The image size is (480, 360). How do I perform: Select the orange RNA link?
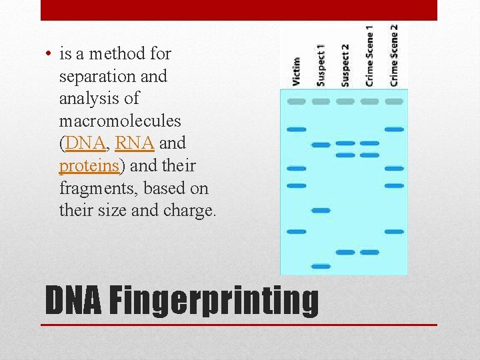(x=135, y=143)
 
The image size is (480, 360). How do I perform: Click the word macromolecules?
(x=119, y=121)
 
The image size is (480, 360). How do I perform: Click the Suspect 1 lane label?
(x=321, y=65)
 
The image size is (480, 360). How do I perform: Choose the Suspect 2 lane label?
(x=345, y=65)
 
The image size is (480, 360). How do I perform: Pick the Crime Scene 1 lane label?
(x=369, y=55)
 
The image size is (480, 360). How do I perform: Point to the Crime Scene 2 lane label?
(x=394, y=55)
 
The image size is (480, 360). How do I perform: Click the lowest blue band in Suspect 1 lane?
(x=321, y=266)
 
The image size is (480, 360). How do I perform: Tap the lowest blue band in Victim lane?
(x=297, y=231)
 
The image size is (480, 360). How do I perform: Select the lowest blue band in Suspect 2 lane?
(x=345, y=252)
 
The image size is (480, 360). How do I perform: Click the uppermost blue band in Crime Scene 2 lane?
(x=394, y=129)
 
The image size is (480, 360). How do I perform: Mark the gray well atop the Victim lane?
(x=297, y=101)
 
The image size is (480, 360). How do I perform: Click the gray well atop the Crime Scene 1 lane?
(x=369, y=101)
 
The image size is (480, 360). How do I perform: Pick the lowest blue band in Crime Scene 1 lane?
(x=369, y=252)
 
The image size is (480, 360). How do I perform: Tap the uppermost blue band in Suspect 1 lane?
(x=321, y=145)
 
